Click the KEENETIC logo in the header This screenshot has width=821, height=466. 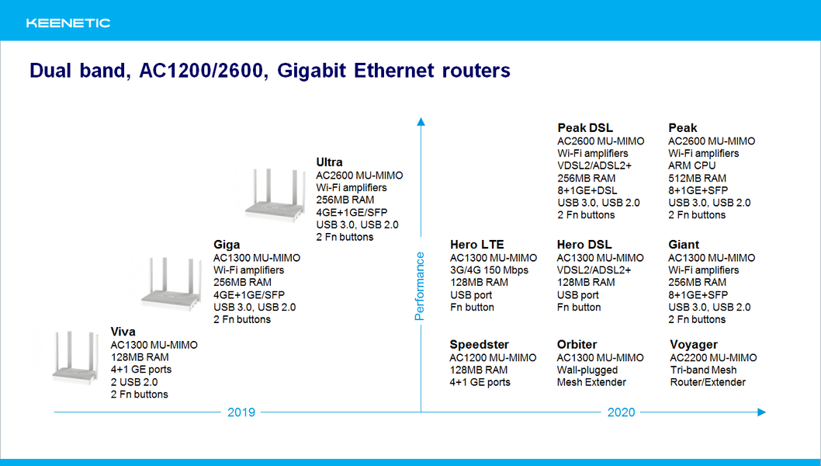coord(68,23)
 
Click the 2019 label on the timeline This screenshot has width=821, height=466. coord(241,412)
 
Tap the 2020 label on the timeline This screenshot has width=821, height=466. coord(621,412)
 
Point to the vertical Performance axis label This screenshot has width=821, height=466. coord(419,287)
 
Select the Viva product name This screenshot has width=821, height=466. coord(123,332)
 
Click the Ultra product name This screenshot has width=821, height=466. coord(329,162)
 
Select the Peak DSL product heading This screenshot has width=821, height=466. coord(585,128)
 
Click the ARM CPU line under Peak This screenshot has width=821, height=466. coord(691,165)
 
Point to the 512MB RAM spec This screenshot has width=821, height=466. coord(697,178)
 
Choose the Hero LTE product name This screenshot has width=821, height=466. coord(477,245)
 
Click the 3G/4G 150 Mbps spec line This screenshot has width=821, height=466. coord(489,270)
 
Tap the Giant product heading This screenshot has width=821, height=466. coord(684,245)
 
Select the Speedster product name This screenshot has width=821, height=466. coord(479,345)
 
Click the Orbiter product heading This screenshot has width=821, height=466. coord(577,345)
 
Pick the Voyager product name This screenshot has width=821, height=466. coord(694,345)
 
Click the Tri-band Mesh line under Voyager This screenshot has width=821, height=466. coord(704,370)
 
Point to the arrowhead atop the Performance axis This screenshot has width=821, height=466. coord(421,122)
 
